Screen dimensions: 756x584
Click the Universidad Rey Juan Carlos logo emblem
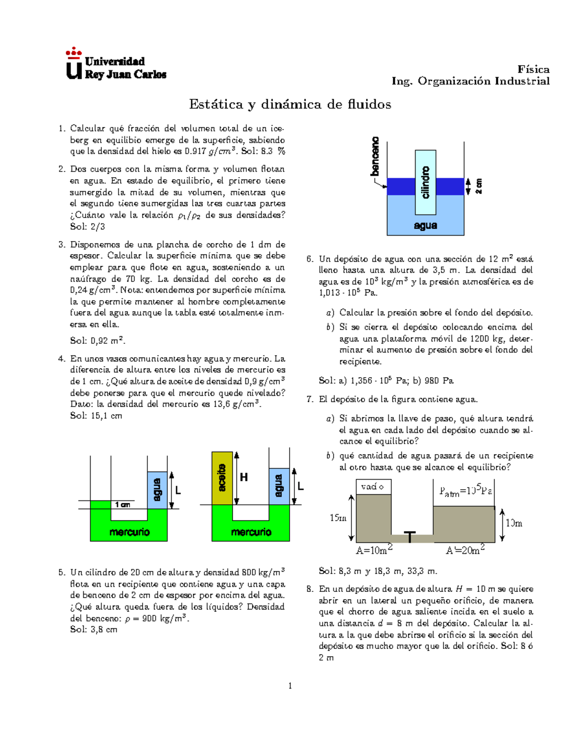(x=74, y=64)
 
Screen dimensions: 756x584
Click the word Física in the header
(x=533, y=69)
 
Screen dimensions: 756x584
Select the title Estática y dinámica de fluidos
(x=290, y=104)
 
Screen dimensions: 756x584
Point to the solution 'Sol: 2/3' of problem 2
(x=88, y=226)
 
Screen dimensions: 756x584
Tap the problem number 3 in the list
(x=61, y=244)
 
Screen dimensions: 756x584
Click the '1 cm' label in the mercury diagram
(x=122, y=505)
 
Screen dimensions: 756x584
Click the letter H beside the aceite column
(x=244, y=478)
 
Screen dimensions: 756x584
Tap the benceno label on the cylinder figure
(x=375, y=156)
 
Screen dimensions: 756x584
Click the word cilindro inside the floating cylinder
(x=425, y=182)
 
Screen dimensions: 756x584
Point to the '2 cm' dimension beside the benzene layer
(x=479, y=186)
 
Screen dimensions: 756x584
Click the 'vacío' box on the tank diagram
(x=373, y=487)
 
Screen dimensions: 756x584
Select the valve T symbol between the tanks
(x=410, y=537)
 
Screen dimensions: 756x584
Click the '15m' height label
(x=338, y=518)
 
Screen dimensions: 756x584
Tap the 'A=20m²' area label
(x=465, y=550)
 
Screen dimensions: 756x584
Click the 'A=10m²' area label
(x=374, y=550)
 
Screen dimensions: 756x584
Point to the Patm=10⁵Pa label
(x=465, y=491)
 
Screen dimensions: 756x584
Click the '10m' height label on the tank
(x=514, y=523)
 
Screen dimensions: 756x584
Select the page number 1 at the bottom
(x=290, y=686)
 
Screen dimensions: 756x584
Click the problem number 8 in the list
(x=310, y=589)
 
